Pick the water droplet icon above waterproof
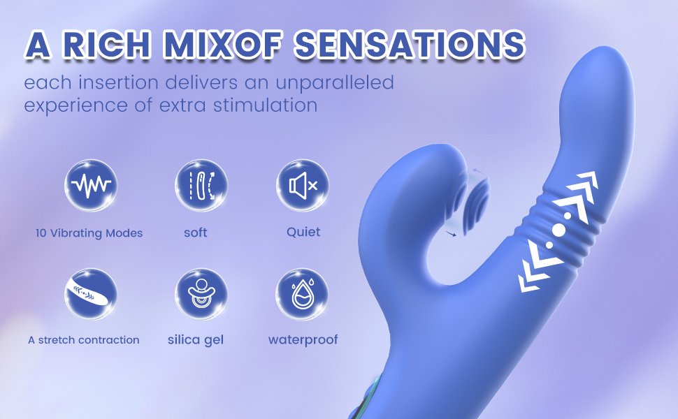303,293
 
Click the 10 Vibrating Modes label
89,233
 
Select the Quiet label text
303,232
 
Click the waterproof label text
303,340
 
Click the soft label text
196,233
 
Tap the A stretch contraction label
84,340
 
